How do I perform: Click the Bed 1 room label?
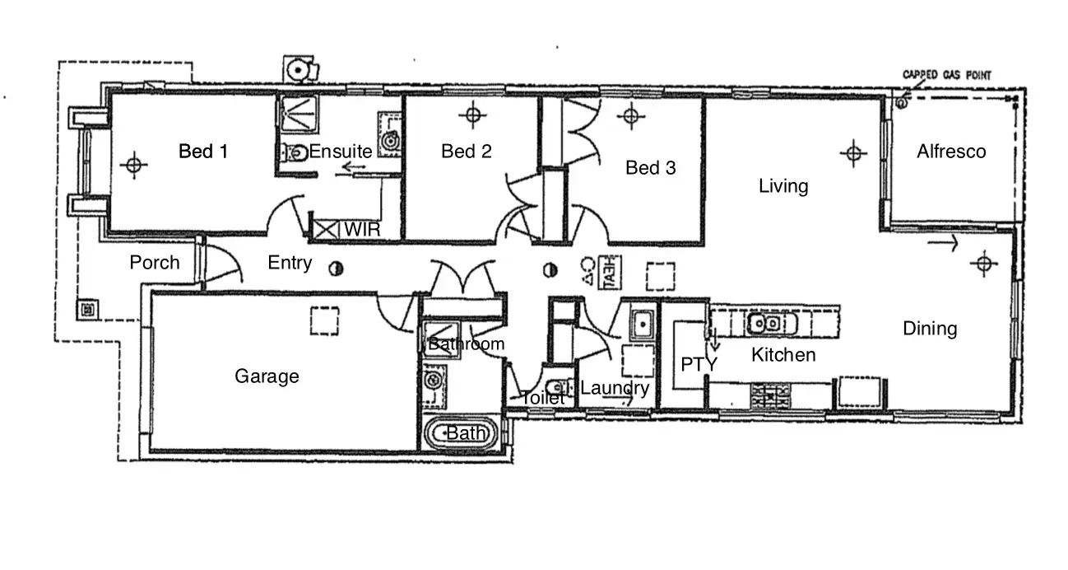[203, 152]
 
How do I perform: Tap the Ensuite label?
[341, 151]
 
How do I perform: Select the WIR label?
[362, 229]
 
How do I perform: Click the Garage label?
[267, 376]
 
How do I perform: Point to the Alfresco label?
[951, 152]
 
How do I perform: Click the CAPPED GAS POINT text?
[947, 75]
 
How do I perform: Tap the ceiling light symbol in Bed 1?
[133, 165]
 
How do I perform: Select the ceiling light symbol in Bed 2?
[471, 114]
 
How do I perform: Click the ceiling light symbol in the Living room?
[852, 152]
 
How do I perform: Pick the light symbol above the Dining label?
[982, 264]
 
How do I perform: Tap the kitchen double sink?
[766, 323]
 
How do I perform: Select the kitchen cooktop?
[770, 397]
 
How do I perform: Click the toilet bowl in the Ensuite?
[291, 152]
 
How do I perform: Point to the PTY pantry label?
[699, 364]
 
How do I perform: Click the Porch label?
[155, 262]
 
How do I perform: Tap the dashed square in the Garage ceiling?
[324, 320]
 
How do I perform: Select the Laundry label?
[615, 388]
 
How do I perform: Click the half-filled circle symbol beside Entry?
[335, 269]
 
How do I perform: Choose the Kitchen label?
[783, 355]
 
